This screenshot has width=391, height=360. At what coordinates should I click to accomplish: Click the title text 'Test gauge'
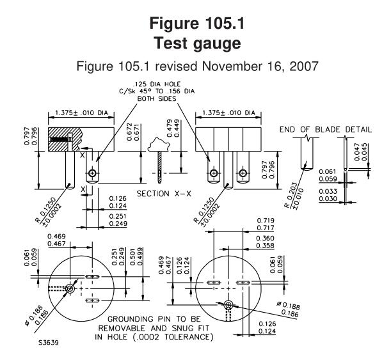(x=197, y=43)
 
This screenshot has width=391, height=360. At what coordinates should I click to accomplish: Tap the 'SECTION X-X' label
(x=164, y=194)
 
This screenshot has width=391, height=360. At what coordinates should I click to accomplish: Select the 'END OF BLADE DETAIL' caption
(x=326, y=130)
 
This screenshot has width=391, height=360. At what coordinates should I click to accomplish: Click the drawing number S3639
(x=49, y=343)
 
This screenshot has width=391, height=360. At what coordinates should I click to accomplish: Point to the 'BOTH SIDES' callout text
(x=157, y=99)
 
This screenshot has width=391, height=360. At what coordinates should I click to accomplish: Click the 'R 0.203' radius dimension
(x=291, y=196)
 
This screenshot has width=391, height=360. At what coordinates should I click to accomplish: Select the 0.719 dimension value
(x=266, y=221)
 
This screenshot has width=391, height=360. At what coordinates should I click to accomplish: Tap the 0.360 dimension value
(x=265, y=239)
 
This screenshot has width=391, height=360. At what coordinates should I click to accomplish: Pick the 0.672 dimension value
(x=129, y=132)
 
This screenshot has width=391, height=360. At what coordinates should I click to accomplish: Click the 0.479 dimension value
(x=169, y=129)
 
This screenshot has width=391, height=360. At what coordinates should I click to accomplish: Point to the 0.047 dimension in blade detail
(x=356, y=152)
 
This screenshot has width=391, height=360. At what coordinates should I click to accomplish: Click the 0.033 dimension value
(x=328, y=191)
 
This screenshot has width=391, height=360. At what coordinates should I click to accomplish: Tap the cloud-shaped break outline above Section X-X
(x=159, y=145)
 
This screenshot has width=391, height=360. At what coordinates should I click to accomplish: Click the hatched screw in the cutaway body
(x=61, y=139)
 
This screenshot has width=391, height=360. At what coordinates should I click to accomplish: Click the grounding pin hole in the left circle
(x=70, y=289)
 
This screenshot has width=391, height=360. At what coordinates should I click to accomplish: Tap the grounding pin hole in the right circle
(x=228, y=305)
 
